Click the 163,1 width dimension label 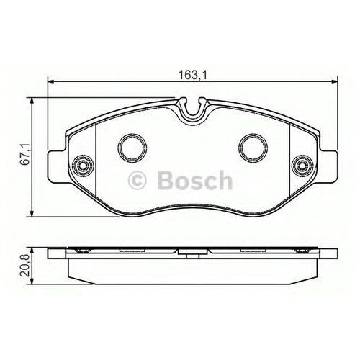pos(192,76)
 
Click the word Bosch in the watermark pos(195,181)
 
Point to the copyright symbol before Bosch pos(138,181)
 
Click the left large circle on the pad pos(118,148)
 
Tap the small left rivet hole pos(83,166)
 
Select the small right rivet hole pos(302,166)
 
